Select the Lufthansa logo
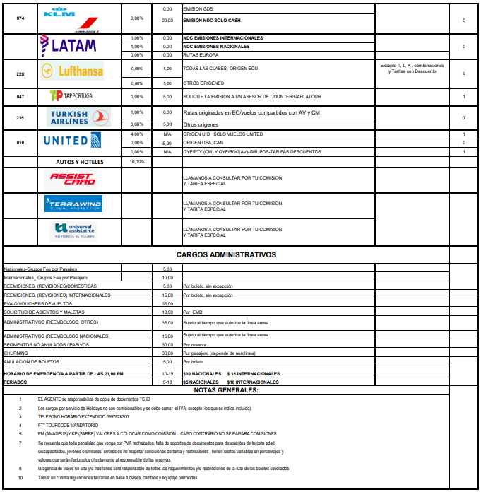(x=73, y=71)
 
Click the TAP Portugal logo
(x=72, y=96)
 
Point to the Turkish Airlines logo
(x=77, y=117)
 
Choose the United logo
(x=76, y=140)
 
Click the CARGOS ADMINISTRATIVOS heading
(x=225, y=255)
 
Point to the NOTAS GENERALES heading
(x=225, y=389)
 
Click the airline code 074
(x=20, y=17)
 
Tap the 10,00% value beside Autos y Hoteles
(x=137, y=161)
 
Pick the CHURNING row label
(x=16, y=352)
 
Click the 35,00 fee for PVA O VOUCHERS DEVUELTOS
(x=167, y=303)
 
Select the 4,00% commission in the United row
(x=137, y=134)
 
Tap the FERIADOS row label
(x=16, y=382)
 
